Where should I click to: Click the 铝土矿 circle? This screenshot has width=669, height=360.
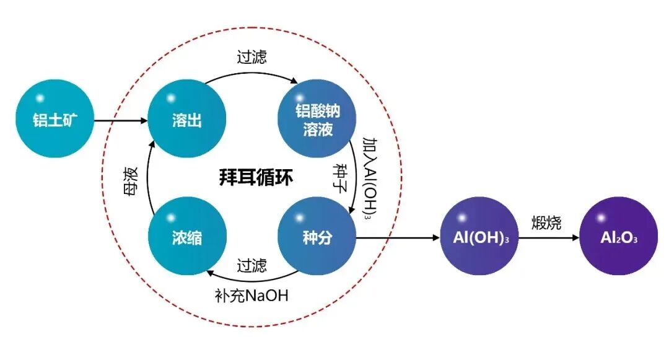click(55, 120)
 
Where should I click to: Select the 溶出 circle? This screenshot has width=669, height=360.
click(186, 120)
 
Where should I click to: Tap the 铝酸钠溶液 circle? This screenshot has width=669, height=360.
click(317, 119)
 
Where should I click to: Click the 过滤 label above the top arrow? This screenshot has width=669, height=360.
click(252, 57)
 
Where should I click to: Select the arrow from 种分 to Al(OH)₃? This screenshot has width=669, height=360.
click(396, 237)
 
